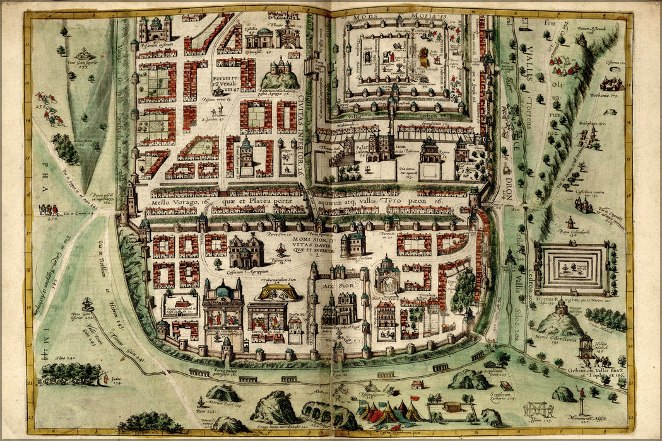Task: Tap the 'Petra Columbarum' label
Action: [x=570, y=232]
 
